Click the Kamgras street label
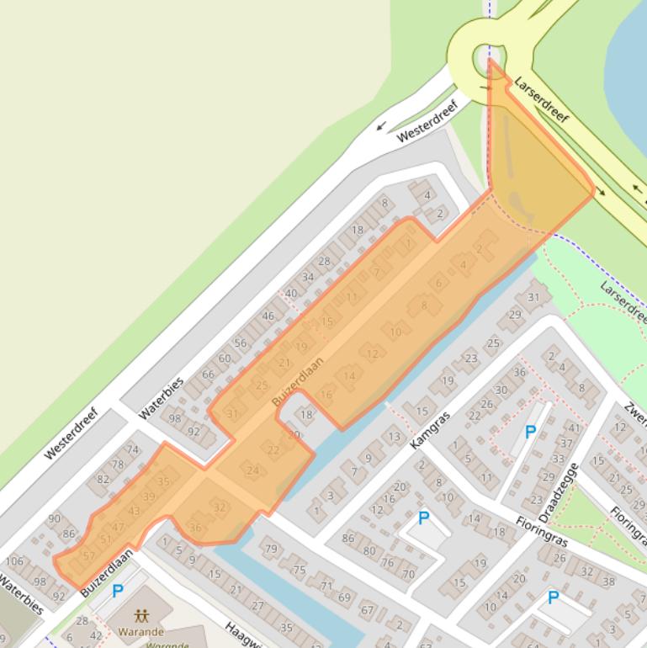432,429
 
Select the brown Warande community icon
141,616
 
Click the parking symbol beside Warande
118,592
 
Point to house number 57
88,556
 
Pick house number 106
14,561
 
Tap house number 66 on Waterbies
208,374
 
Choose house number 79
271,550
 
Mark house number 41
575,428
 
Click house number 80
369,551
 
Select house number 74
132,450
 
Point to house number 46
268,316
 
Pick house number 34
307,277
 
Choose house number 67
367,610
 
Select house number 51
105,539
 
